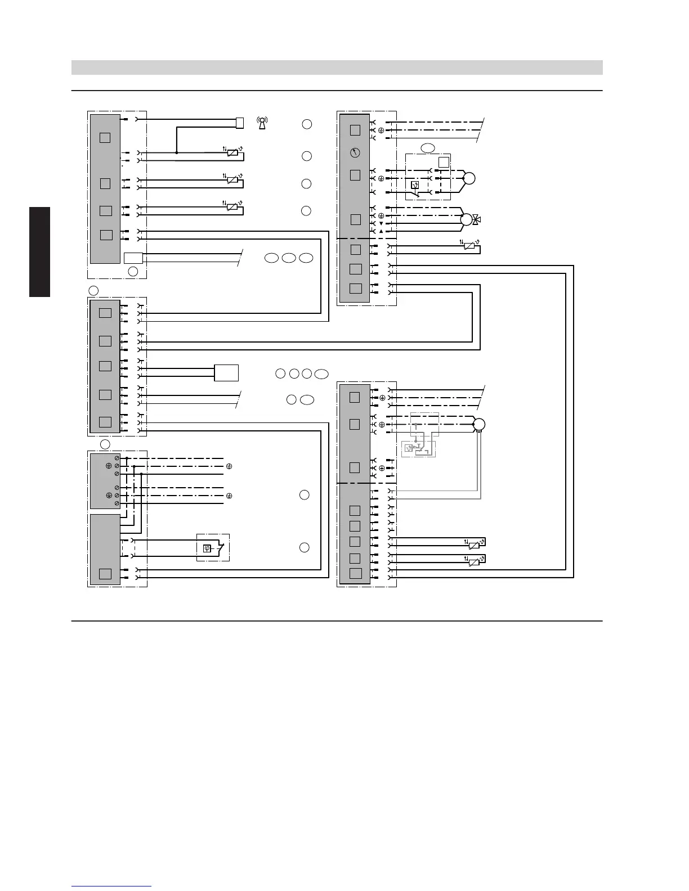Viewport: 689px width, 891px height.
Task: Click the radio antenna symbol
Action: point(262,123)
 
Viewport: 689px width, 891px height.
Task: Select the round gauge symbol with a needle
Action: point(355,152)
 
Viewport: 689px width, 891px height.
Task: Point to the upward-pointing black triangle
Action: point(381,231)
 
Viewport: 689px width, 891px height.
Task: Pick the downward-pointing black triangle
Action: point(381,223)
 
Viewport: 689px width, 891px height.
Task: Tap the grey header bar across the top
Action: point(337,67)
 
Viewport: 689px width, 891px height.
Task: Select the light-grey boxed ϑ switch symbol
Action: point(409,448)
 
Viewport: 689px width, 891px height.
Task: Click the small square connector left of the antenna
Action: point(240,123)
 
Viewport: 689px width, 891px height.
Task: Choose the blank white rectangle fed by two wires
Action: point(226,372)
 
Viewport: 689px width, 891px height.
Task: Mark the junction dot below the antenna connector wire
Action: point(177,152)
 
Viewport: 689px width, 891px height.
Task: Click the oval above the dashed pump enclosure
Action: point(428,148)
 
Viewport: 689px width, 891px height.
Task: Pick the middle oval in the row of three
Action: point(289,258)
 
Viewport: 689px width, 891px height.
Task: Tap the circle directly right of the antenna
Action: point(307,124)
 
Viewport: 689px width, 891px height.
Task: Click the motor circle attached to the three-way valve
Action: point(466,219)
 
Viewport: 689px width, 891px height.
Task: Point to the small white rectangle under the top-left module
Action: point(133,258)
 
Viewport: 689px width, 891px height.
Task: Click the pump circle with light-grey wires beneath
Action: point(479,424)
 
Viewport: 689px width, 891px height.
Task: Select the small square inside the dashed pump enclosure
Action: point(444,162)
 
